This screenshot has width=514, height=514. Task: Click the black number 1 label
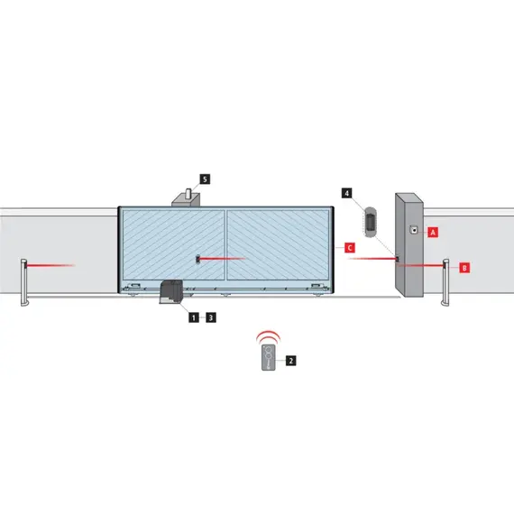click(x=191, y=317)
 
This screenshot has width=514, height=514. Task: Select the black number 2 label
click(x=290, y=360)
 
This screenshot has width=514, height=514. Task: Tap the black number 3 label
click(x=210, y=317)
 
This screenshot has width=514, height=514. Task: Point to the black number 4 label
click(x=348, y=192)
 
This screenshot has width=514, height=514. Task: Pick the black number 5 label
click(x=206, y=179)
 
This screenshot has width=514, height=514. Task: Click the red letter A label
click(x=432, y=232)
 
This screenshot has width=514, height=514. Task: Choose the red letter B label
click(x=464, y=267)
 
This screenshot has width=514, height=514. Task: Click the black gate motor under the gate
click(x=171, y=295)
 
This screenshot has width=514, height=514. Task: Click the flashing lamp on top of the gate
click(x=186, y=195)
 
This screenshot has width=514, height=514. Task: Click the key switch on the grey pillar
click(x=413, y=229)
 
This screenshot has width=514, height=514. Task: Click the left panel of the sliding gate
click(x=171, y=243)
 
